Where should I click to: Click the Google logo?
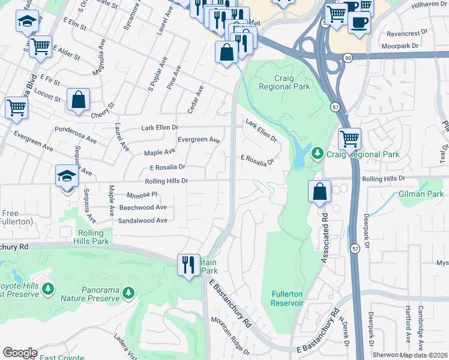[20, 353]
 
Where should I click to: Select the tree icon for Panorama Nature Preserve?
[127, 292]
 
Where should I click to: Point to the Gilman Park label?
[421, 194]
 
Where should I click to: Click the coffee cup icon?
[359, 22]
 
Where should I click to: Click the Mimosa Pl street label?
[142, 195]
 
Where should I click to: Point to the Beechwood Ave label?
[143, 207]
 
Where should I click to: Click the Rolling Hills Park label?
[93, 236]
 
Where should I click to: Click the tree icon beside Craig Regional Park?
[318, 154]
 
